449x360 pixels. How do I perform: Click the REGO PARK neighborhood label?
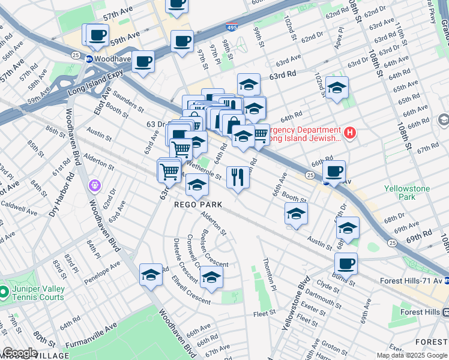point(198,205)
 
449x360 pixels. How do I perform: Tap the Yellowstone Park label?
point(407,193)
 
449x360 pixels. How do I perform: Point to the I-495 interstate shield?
point(231,27)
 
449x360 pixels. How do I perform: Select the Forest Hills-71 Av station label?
point(414,281)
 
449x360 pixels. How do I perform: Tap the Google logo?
point(19,353)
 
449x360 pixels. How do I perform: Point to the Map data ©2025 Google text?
point(411,355)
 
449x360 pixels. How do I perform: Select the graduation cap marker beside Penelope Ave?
point(151,275)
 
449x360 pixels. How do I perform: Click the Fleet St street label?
point(264,312)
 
